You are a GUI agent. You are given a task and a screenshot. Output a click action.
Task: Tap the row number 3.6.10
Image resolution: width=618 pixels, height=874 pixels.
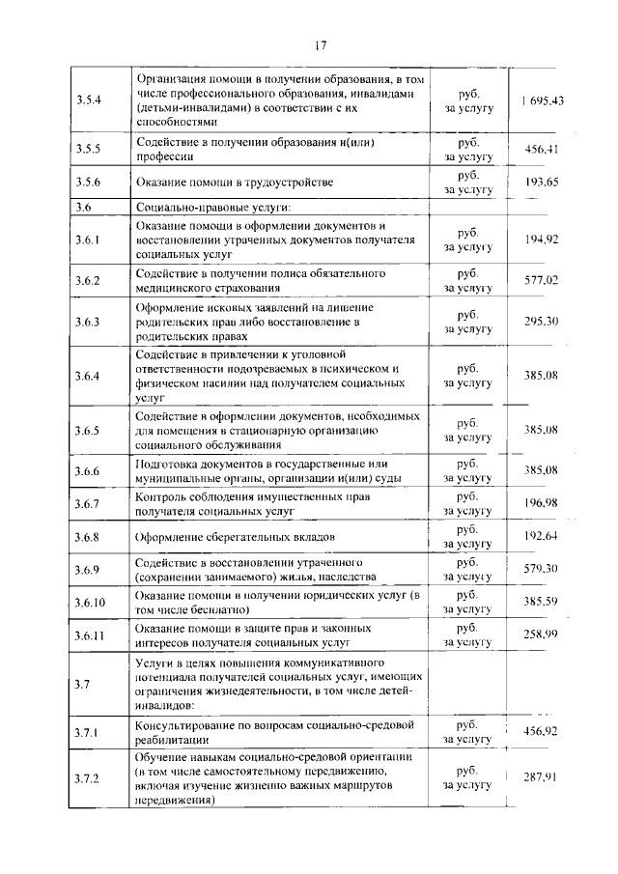pyautogui.click(x=91, y=602)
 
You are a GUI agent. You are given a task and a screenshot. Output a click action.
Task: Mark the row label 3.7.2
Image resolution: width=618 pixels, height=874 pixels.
pyautogui.click(x=89, y=778)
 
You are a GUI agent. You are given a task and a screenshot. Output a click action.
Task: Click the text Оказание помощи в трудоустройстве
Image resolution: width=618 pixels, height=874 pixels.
pyautogui.click(x=235, y=183)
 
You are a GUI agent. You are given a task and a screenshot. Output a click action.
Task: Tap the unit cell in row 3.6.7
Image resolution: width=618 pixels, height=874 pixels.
pyautogui.click(x=468, y=502)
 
